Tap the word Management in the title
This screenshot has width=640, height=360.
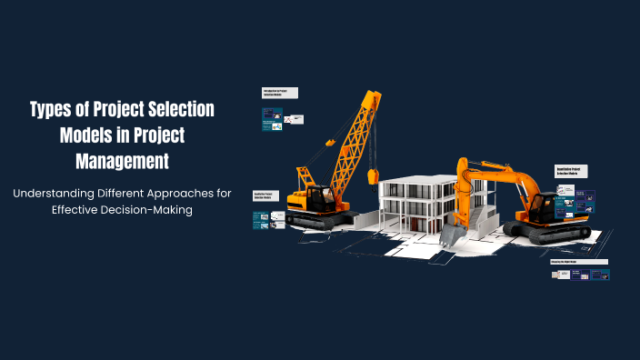pos(122,163)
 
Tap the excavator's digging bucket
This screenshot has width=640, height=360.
pos(452,234)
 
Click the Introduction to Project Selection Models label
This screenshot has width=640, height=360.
pos(280,94)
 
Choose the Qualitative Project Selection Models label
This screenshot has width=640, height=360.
pos(265,195)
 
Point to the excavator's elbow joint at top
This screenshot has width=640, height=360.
pos(464,165)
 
